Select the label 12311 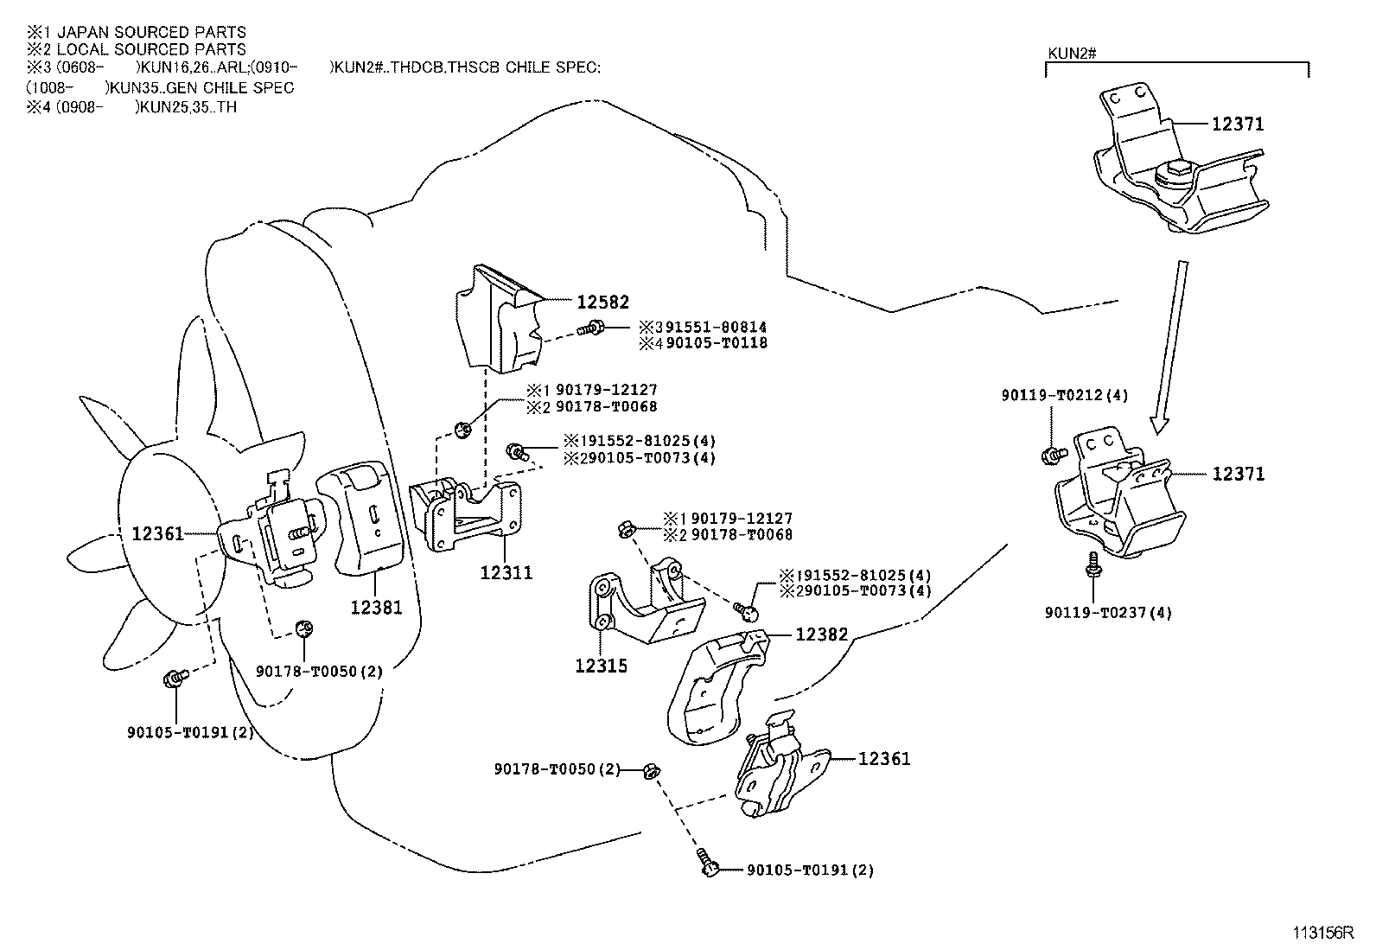tap(506, 572)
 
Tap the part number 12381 tap(376, 607)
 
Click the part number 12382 tap(821, 634)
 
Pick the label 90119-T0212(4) tap(1065, 395)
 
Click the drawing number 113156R tap(1322, 933)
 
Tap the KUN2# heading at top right tap(1072, 54)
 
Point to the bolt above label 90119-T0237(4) tap(1093, 564)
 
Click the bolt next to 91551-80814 tap(593, 328)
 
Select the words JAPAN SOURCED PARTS tap(151, 33)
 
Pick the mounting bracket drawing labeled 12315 tap(644, 605)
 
